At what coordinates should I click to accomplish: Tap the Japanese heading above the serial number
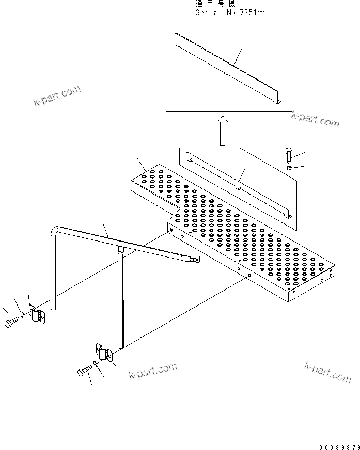pos(215,4)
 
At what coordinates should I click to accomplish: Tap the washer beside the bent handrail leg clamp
pos(24,315)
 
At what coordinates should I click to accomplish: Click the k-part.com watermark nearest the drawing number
pos(327,373)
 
